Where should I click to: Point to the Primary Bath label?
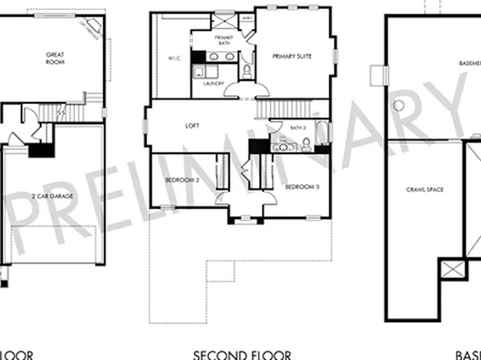(x=224, y=40)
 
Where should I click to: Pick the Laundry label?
(x=213, y=83)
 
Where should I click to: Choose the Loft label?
(x=192, y=125)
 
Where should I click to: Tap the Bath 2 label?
(x=275, y=128)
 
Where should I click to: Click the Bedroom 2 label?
(x=182, y=180)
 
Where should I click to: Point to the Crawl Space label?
(x=420, y=190)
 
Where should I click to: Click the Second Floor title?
(x=241, y=354)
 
